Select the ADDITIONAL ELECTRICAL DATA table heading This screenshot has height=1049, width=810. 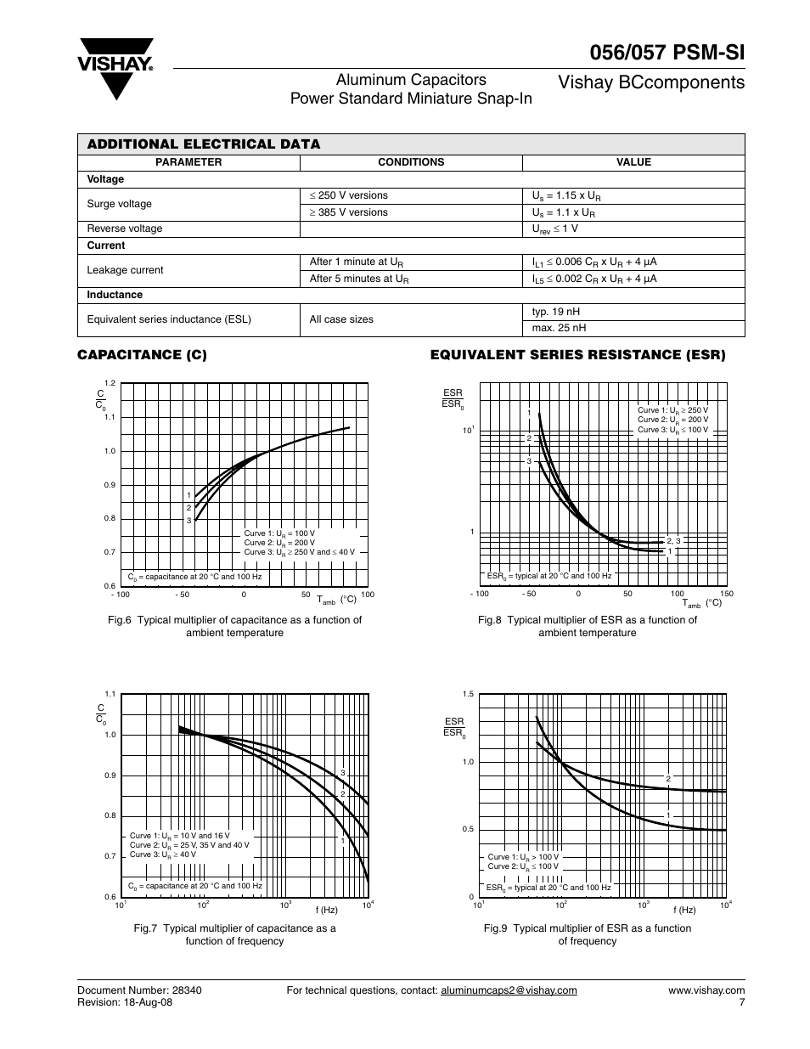click(204, 144)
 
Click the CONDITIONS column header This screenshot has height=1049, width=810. click(411, 162)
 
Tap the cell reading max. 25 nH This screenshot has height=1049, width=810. click(559, 328)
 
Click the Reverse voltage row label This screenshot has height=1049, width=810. click(125, 228)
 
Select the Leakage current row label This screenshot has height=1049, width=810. click(125, 270)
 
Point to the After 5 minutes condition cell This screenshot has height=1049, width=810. click(359, 279)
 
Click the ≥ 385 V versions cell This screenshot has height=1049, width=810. click(348, 212)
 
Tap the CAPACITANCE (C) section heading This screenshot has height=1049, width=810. click(142, 355)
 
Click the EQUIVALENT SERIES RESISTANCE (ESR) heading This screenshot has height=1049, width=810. click(577, 355)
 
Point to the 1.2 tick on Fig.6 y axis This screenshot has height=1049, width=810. click(110, 384)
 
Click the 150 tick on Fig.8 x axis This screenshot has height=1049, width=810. click(727, 594)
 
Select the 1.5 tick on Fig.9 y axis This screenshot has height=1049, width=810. click(468, 695)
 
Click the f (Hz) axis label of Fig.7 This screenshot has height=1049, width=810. click(327, 910)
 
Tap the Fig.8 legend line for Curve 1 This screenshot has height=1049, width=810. click(672, 410)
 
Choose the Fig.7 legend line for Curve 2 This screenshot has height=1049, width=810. click(189, 845)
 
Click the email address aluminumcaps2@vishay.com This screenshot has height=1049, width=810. click(509, 990)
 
